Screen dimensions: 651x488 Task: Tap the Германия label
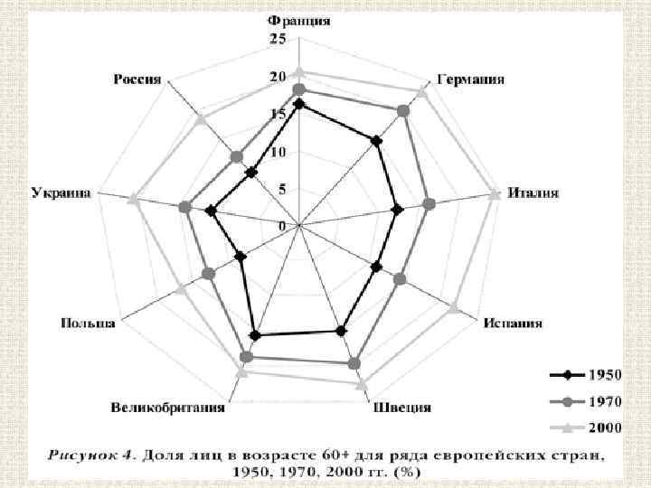tap(470, 80)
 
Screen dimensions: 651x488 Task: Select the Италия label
tap(533, 192)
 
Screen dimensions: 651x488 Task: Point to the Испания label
tap(513, 323)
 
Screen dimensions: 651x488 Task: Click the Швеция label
tap(401, 407)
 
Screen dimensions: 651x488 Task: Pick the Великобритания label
tap(168, 407)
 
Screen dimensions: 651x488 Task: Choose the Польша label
tap(88, 323)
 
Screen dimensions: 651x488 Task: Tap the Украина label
tap(61, 192)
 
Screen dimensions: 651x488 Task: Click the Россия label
tap(137, 79)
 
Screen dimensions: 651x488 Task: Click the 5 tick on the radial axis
tap(283, 189)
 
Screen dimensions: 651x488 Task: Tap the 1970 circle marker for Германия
tap(403, 110)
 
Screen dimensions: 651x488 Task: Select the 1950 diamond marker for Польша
tap(241, 257)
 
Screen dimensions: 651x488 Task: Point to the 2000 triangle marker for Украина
tap(133, 200)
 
